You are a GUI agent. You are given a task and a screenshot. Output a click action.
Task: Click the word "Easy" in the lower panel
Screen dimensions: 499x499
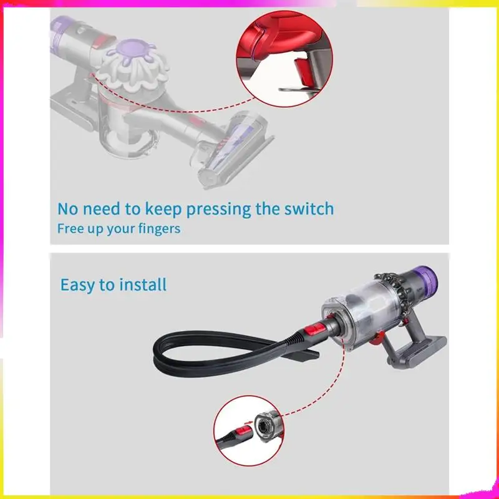tap(78, 285)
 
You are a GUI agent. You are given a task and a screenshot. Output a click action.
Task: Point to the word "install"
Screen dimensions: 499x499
tap(143, 285)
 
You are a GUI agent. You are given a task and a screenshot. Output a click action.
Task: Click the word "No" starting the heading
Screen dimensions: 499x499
tap(68, 208)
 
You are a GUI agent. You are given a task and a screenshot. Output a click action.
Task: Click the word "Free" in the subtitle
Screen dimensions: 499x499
tap(70, 228)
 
